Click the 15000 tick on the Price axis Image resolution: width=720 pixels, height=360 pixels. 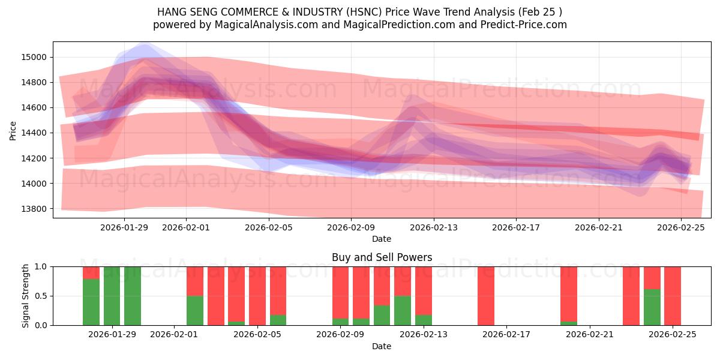(34, 57)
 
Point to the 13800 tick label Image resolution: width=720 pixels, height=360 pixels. (34, 209)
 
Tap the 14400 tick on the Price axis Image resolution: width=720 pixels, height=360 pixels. (34, 133)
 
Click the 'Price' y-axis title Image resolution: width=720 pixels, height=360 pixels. (13, 130)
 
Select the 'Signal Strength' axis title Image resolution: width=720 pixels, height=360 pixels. (26, 296)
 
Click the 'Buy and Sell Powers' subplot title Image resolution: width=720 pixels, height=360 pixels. (382, 257)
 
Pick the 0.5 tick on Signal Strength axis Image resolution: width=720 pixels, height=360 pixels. (42, 296)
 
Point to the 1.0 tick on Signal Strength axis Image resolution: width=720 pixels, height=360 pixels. (42, 266)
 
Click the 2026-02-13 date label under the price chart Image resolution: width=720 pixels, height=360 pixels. (433, 227)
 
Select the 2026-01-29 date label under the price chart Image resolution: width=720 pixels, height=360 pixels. (124, 227)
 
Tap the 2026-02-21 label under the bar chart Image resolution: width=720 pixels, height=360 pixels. (590, 335)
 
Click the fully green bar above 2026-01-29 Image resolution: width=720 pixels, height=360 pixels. (112, 296)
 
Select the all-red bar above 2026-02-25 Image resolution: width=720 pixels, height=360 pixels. (673, 296)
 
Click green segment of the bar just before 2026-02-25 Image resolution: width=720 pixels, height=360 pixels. (652, 307)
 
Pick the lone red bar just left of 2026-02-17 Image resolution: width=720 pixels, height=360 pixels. (486, 296)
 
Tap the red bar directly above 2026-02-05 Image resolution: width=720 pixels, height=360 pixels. (257, 296)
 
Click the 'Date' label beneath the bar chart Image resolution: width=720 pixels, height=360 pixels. (382, 346)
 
